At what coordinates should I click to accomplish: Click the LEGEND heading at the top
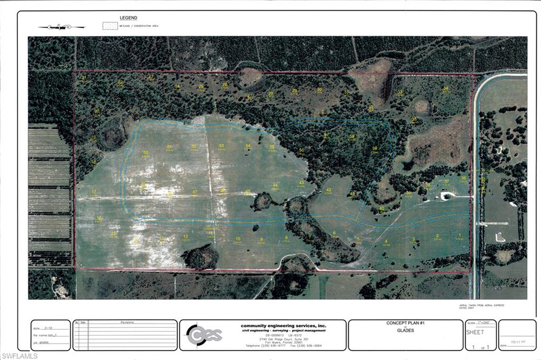[x=128, y=18]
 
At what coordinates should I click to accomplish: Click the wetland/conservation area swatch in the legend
[x=110, y=25]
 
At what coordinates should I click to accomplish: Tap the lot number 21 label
[x=84, y=78]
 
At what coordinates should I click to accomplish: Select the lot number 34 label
[x=446, y=89]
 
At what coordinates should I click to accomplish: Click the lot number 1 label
[x=460, y=235]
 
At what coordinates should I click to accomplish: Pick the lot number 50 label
[x=146, y=153]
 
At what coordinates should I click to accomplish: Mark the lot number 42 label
[x=328, y=190]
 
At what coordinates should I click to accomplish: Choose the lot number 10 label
[x=238, y=239]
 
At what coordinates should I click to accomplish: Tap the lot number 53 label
[x=221, y=146]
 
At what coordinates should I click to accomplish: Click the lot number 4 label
[x=386, y=242]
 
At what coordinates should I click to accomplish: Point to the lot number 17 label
[x=94, y=191]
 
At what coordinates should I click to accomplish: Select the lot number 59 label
[x=375, y=149]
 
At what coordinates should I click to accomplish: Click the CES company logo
[x=204, y=335]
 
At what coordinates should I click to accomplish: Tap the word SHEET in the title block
[x=474, y=332]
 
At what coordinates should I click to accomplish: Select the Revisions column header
[x=127, y=322]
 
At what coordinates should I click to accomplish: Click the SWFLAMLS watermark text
[x=20, y=356]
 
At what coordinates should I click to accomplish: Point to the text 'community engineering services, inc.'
[x=283, y=326]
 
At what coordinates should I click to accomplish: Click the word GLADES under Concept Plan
[x=405, y=331]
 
